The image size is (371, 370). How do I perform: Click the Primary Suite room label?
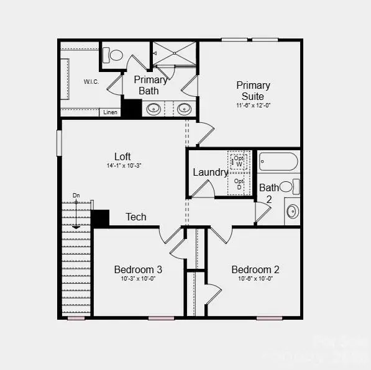[x=253, y=91]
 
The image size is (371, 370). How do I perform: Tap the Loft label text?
[x=122, y=156]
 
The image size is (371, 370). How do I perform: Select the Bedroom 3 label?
[x=138, y=269]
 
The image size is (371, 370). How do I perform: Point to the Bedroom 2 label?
[x=255, y=269]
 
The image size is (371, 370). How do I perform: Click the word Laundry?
[x=211, y=172]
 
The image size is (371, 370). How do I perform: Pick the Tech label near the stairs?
[x=136, y=217]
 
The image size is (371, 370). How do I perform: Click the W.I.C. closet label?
[x=91, y=81]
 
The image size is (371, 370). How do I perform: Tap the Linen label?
[x=110, y=112]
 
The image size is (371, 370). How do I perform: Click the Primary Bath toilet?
[x=113, y=55]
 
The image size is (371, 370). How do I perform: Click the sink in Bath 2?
[x=293, y=212]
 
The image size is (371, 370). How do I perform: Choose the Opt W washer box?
[x=239, y=161]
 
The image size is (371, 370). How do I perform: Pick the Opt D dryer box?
[x=239, y=184]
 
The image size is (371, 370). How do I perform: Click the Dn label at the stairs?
[x=76, y=196]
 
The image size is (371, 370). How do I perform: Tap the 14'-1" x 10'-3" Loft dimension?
[x=122, y=166]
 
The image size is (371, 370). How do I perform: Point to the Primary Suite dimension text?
[x=253, y=106]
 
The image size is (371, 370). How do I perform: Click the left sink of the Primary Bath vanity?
[x=153, y=109]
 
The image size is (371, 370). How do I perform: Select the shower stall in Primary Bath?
[x=174, y=53]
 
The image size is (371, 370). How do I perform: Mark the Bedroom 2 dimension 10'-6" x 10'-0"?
[x=255, y=279]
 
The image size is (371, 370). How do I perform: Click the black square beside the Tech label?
[x=100, y=218]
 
